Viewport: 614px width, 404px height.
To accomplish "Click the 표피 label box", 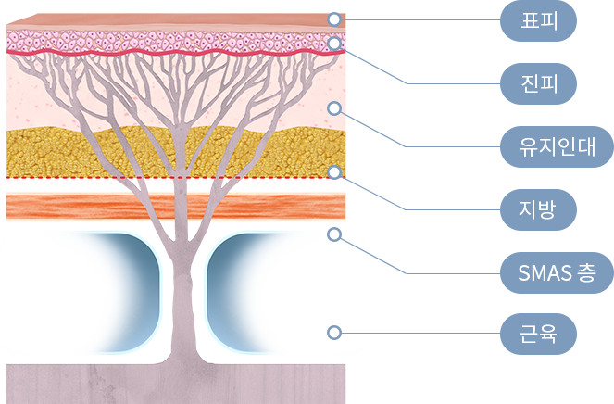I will point(538,20).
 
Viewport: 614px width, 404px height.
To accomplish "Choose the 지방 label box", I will point(538,208).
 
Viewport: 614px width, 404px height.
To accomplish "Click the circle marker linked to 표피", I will point(334,19).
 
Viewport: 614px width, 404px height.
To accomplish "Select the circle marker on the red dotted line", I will point(334,172).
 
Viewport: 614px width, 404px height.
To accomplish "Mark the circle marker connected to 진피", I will point(334,43).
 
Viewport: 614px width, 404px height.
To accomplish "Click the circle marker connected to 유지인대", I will point(334,107).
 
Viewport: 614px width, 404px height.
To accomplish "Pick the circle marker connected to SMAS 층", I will point(334,234).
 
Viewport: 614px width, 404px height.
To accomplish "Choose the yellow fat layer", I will point(56,148).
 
